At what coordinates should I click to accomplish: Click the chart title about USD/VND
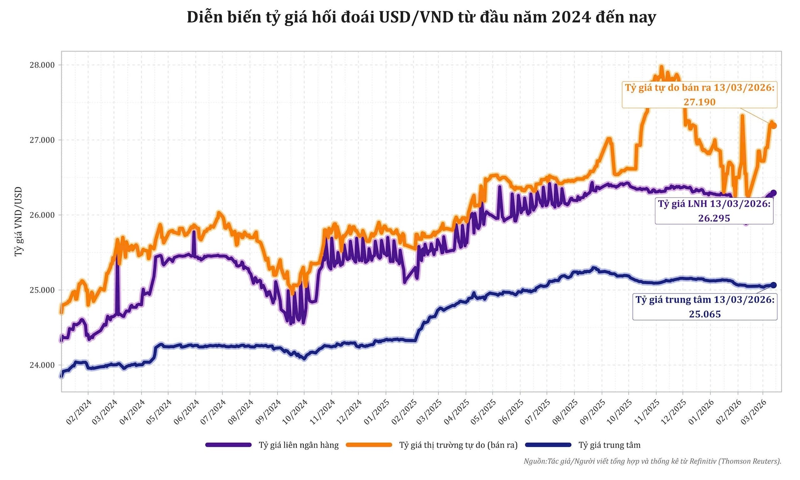click(421, 17)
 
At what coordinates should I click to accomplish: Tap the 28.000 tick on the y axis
click(42, 65)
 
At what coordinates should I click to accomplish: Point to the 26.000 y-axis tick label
click(42, 215)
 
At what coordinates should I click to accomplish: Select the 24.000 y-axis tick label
click(42, 365)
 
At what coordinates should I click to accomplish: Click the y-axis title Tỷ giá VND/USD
click(18, 221)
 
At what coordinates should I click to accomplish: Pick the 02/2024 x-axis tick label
click(79, 412)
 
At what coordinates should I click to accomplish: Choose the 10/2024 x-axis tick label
click(295, 412)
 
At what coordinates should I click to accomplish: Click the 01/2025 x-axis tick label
click(376, 412)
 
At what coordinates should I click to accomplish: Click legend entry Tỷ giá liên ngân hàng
click(298, 445)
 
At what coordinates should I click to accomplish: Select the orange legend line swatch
click(369, 445)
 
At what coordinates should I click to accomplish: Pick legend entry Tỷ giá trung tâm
click(609, 445)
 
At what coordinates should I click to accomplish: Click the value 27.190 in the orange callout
click(699, 102)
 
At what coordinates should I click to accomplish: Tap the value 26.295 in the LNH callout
click(714, 218)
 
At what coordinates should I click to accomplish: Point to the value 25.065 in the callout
click(705, 314)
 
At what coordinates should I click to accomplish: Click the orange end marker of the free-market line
click(774, 126)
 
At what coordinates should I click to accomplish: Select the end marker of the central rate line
click(774, 285)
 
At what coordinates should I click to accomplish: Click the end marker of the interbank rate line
click(774, 193)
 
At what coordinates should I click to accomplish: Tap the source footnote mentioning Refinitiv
click(652, 461)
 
